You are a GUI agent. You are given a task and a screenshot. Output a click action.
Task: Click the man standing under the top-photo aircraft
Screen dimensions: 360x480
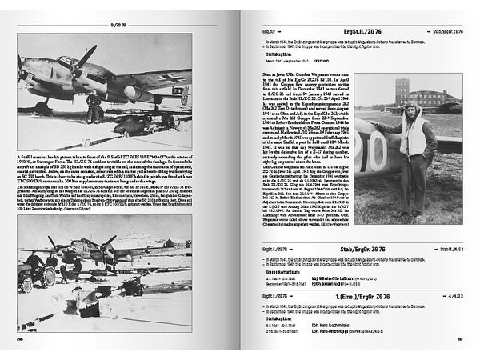pos(94,107)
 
